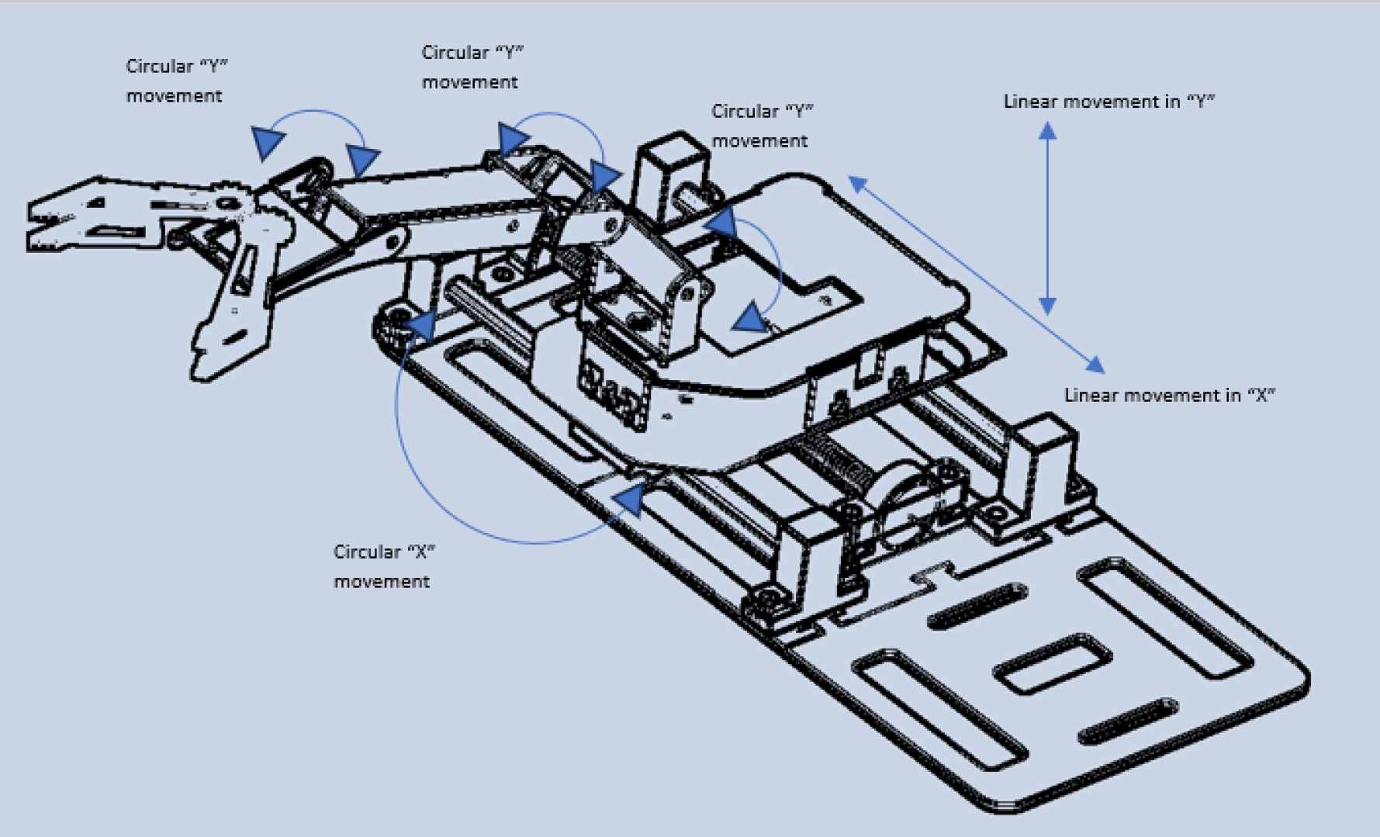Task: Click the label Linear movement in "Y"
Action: [x=1108, y=102]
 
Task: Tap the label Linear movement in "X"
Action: [x=1169, y=396]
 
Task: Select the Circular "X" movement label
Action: [x=383, y=566]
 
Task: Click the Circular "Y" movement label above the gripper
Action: [x=176, y=81]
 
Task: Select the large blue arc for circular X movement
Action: [x=434, y=481]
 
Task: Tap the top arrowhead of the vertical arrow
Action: [x=1047, y=130]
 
